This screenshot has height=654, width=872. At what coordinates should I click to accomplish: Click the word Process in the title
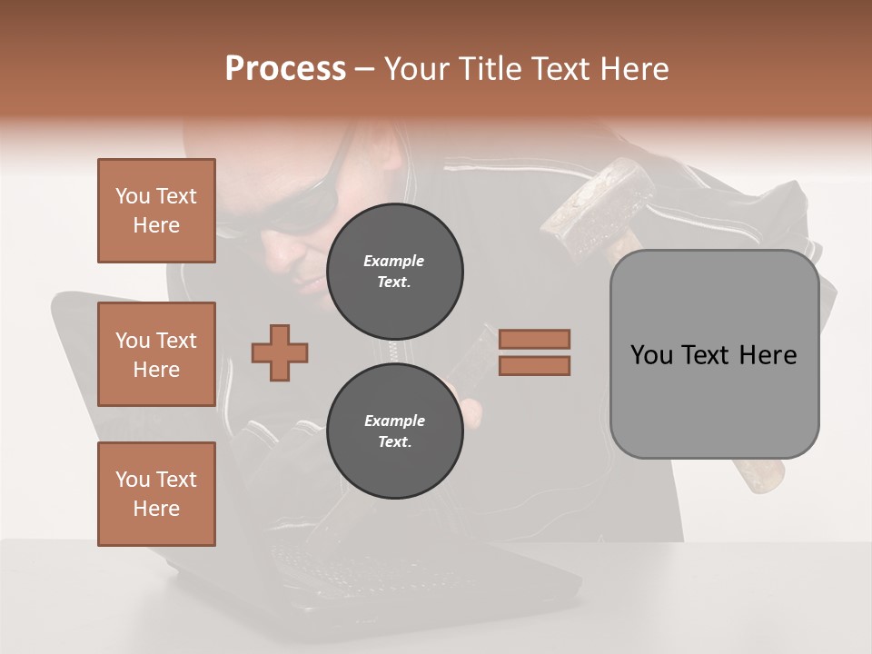click(285, 69)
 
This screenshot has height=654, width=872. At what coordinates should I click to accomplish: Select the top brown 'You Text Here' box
click(156, 211)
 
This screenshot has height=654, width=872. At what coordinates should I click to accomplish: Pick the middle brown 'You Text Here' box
click(156, 354)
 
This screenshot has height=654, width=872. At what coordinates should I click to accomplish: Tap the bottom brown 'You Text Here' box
click(156, 494)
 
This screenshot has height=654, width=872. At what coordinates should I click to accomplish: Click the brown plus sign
click(280, 352)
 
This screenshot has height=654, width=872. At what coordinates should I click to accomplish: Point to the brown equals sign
click(534, 352)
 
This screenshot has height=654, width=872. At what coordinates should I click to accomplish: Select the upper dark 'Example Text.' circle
click(394, 272)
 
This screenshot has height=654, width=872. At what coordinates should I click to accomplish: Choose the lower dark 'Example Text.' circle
click(394, 431)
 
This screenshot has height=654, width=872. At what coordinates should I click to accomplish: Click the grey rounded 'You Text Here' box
click(714, 354)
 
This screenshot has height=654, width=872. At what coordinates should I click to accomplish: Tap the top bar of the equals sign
click(534, 340)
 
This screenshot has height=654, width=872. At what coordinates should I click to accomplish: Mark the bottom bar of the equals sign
click(534, 365)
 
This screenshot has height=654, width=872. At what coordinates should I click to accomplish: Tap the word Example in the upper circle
click(394, 261)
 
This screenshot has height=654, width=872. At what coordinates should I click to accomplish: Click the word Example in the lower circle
click(394, 421)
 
